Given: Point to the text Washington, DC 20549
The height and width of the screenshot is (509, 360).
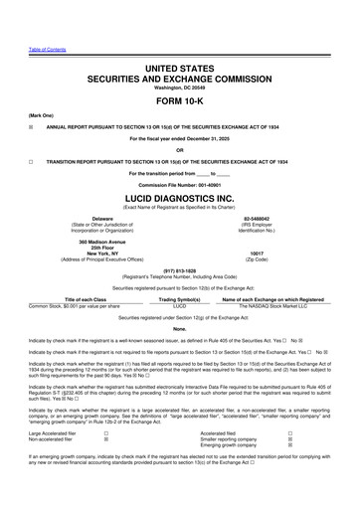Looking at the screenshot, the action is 179,85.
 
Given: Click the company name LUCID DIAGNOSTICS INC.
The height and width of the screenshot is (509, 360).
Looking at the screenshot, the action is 179,198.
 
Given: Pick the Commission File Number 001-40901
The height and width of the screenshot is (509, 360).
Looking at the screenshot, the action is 179,184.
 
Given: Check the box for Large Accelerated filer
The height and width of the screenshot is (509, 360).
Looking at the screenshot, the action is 106,461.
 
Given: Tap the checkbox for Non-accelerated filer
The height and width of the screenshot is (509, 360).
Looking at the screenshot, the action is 106,467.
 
